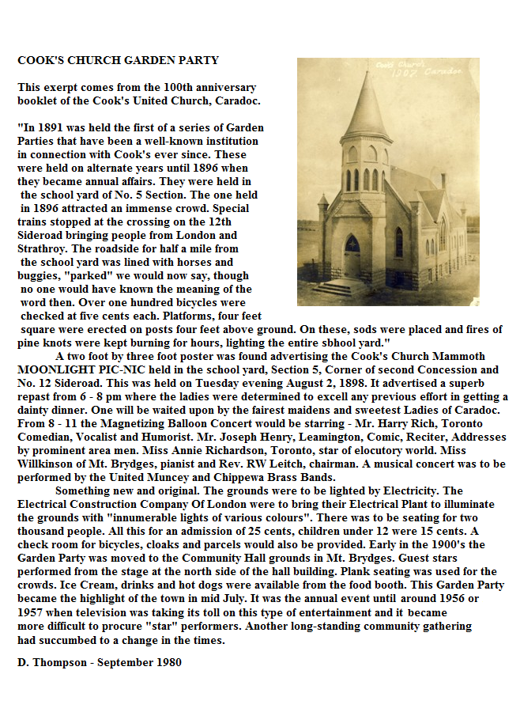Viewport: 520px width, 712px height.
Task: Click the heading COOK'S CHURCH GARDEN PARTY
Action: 119,60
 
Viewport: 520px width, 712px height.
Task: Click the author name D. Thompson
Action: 55,661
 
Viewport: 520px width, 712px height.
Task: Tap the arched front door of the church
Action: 352,256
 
